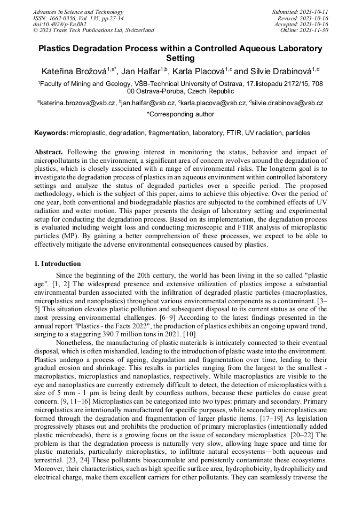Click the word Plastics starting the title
(55, 49)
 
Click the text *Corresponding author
(180, 114)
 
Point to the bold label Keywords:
(51, 132)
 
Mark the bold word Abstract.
(49, 152)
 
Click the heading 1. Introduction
(58, 264)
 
